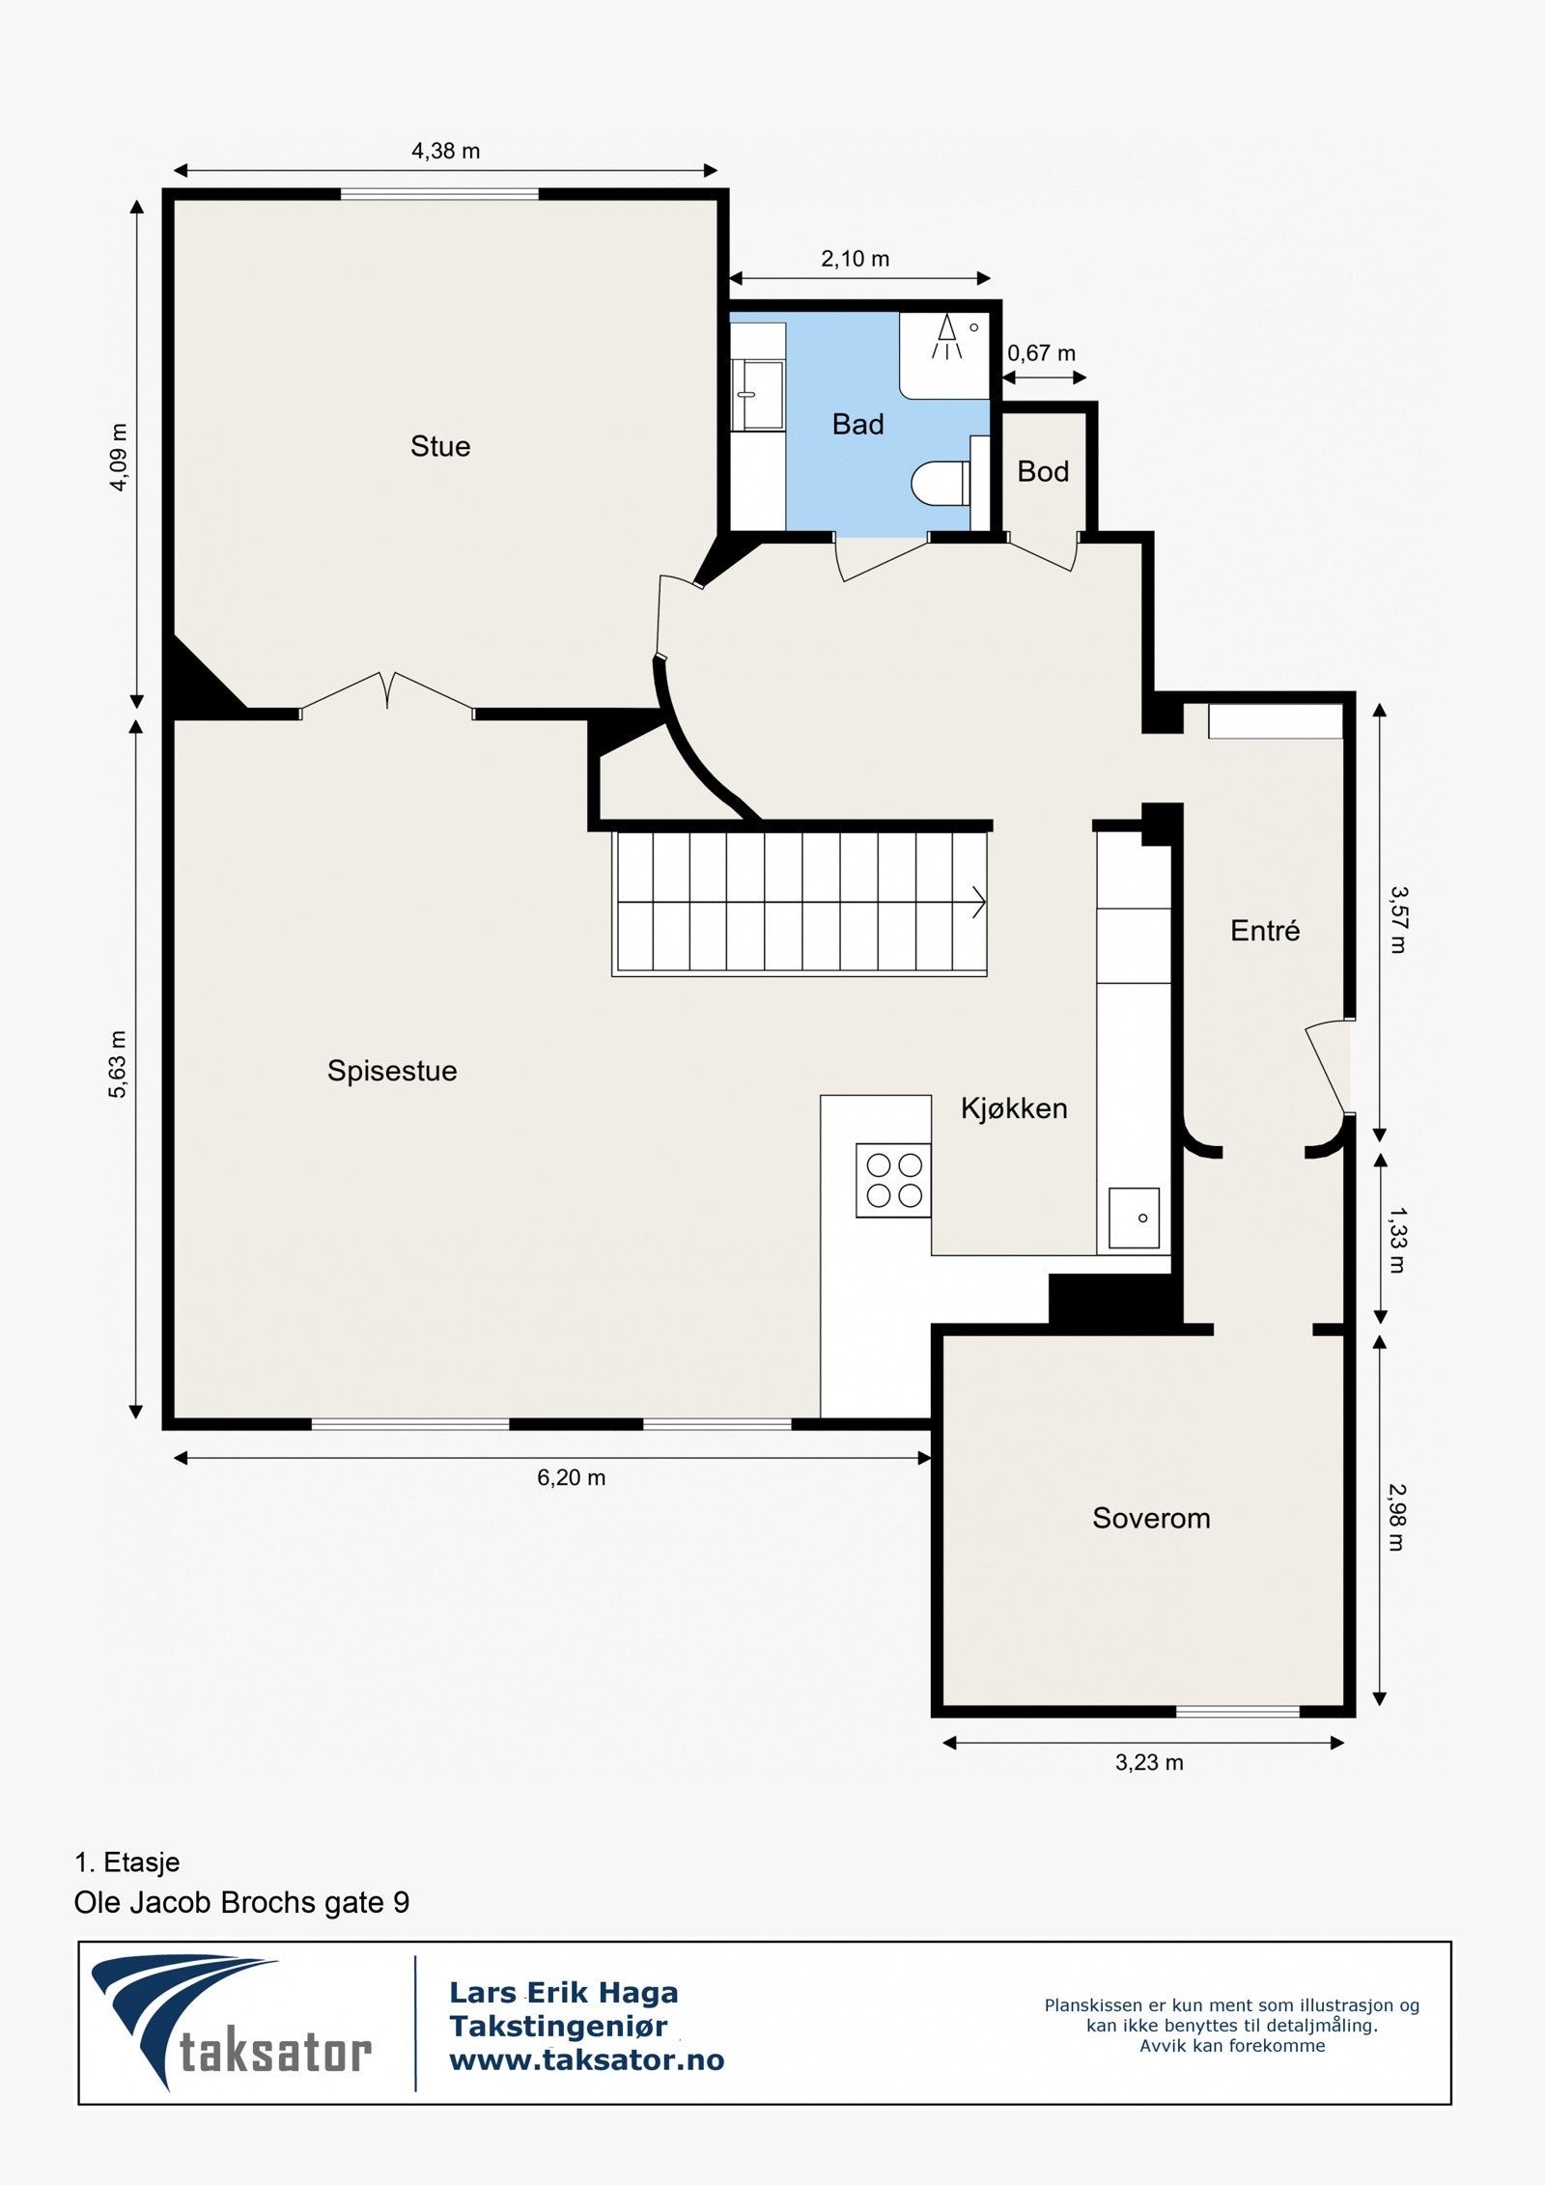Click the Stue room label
(x=440, y=446)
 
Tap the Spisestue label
(x=392, y=1071)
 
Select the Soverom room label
(x=1151, y=1518)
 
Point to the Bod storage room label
(x=1043, y=471)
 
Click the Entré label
(x=1265, y=931)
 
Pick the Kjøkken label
(x=1014, y=1108)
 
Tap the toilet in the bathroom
(x=941, y=484)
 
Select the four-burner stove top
(x=893, y=1180)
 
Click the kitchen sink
(x=1134, y=1218)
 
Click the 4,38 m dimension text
(x=446, y=151)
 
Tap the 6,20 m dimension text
(x=572, y=1477)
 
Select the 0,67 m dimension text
(x=1042, y=353)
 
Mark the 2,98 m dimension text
(x=1397, y=1518)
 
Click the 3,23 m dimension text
(x=1149, y=1762)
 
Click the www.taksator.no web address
(x=587, y=2059)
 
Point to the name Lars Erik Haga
(x=564, y=1992)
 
